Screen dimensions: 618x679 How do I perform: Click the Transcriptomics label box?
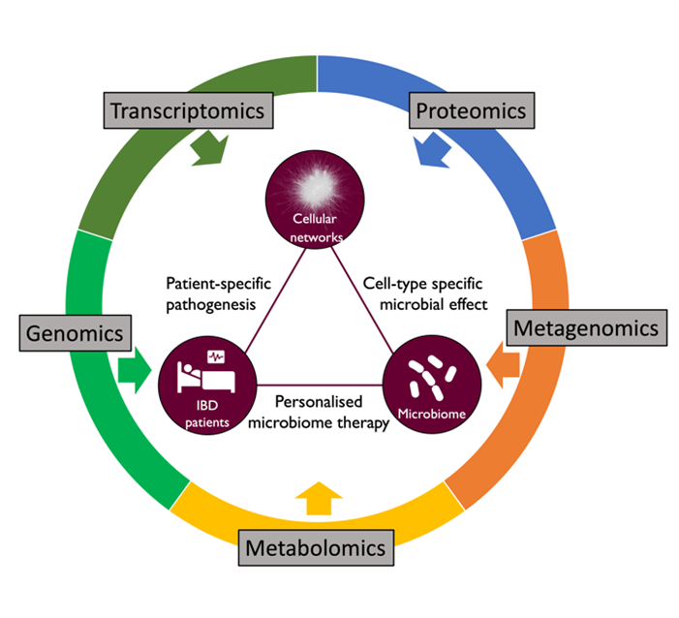point(187,110)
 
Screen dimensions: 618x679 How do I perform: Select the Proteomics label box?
point(471,110)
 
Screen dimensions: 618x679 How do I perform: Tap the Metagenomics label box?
point(585,328)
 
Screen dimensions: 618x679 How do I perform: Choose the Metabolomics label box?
point(317,548)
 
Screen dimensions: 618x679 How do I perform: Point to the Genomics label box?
point(74,334)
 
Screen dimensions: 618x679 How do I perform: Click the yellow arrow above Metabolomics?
point(317,499)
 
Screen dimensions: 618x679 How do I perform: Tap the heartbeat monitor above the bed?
point(217,355)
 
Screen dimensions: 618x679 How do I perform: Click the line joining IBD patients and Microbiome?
point(320,384)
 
